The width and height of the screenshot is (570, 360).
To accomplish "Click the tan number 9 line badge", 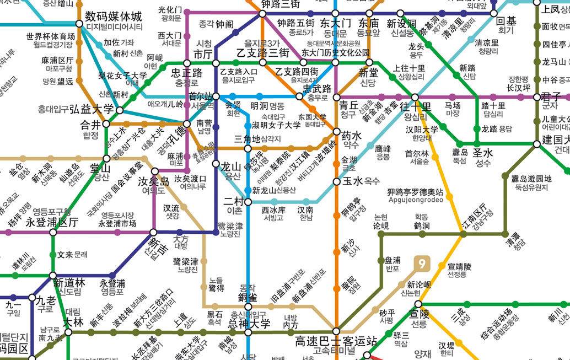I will click(x=422, y=264).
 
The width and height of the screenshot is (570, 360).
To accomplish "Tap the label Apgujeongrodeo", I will click(x=415, y=200).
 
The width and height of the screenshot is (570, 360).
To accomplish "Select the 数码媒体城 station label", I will click(x=114, y=16).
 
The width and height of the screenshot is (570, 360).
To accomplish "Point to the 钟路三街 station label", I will click(x=280, y=4).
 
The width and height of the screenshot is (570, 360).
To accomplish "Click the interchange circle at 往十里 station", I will click(x=415, y=97).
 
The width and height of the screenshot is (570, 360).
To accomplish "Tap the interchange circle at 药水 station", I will click(x=337, y=132).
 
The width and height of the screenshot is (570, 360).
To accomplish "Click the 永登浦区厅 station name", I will click(x=52, y=222).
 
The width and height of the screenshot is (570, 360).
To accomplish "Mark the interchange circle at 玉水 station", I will click(x=337, y=181).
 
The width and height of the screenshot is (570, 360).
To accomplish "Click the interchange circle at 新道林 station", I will click(x=53, y=275).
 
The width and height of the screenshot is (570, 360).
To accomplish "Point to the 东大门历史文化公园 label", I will click(x=335, y=53).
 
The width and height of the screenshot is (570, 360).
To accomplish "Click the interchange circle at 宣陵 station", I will click(x=418, y=304).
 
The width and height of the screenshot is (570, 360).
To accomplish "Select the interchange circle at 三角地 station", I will click(x=248, y=148).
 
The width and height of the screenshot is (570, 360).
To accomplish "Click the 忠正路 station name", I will click(x=186, y=73).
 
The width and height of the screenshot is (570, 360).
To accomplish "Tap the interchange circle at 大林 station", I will click(x=68, y=332).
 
